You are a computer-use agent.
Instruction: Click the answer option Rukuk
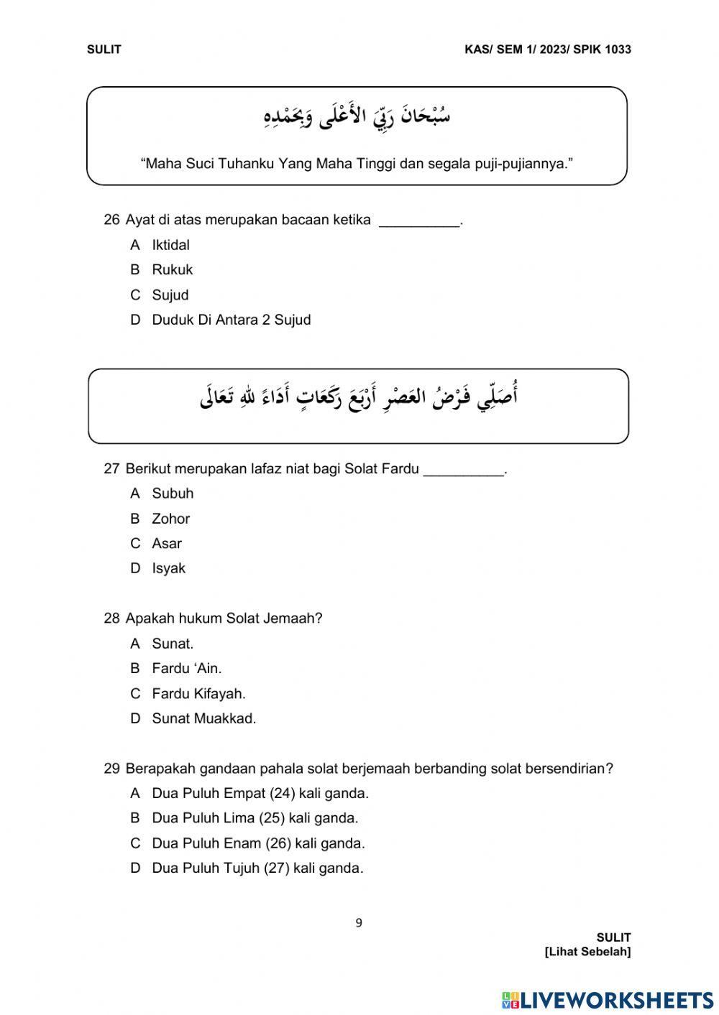tap(172, 270)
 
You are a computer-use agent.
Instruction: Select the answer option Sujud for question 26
tap(170, 295)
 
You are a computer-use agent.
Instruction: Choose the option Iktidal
tap(170, 245)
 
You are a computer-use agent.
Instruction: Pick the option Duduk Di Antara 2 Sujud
tap(231, 320)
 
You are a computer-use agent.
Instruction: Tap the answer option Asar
tap(166, 544)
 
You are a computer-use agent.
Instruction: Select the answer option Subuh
tap(173, 493)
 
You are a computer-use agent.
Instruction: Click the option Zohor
tap(170, 519)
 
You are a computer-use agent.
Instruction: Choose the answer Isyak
tap(168, 568)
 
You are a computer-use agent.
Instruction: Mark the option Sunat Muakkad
tap(203, 718)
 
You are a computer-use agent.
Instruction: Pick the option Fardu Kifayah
tap(198, 694)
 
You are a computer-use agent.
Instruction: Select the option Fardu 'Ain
tap(186, 669)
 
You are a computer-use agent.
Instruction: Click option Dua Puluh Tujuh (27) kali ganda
tap(257, 868)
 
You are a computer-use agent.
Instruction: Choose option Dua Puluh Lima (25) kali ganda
tap(255, 818)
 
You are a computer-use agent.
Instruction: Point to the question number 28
tap(111, 618)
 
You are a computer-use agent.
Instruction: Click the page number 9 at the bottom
tap(359, 923)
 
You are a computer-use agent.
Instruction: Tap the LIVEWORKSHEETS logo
tap(608, 1000)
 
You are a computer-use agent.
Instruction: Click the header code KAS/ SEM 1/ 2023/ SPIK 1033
tap(548, 50)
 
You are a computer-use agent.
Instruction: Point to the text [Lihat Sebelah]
tap(587, 952)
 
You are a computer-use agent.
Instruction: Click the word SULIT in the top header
tap(104, 50)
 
